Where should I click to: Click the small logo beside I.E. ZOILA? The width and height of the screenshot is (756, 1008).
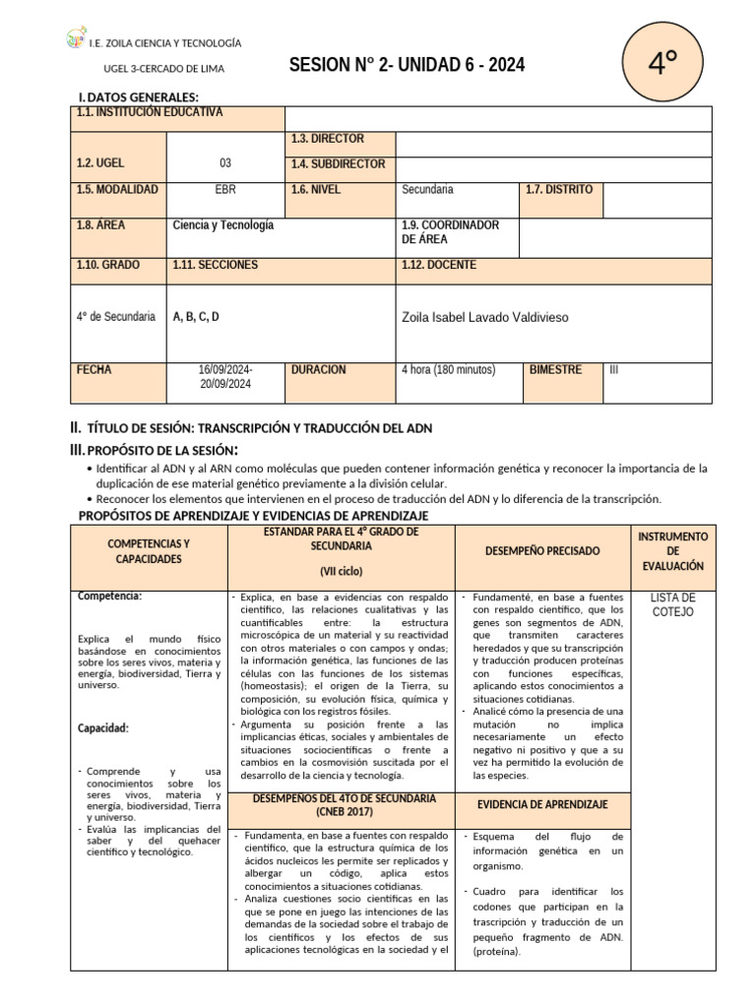tap(75, 40)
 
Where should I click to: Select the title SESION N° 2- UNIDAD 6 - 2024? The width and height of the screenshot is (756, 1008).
tap(407, 66)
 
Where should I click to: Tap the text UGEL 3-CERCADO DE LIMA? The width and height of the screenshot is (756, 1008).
tap(163, 68)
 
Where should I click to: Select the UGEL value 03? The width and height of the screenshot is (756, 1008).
tap(225, 163)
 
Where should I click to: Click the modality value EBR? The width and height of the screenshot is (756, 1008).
tap(225, 190)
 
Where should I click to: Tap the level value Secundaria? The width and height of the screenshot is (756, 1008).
tap(427, 190)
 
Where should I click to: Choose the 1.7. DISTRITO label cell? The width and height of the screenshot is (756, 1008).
tap(559, 190)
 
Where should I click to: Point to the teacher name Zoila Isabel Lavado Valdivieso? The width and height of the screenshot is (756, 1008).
tap(485, 318)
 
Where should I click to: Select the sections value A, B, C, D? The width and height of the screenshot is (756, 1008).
tap(196, 317)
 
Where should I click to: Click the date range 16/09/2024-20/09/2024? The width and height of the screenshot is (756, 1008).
tap(225, 377)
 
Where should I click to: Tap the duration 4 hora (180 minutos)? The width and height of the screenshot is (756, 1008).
tap(448, 370)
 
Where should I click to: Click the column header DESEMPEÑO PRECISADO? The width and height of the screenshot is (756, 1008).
tap(542, 551)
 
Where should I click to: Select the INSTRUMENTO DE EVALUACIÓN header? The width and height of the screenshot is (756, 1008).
tap(672, 551)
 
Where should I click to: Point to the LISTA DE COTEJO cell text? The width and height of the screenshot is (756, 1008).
tap(673, 604)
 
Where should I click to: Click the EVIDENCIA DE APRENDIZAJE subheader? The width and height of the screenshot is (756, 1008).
tap(542, 805)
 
